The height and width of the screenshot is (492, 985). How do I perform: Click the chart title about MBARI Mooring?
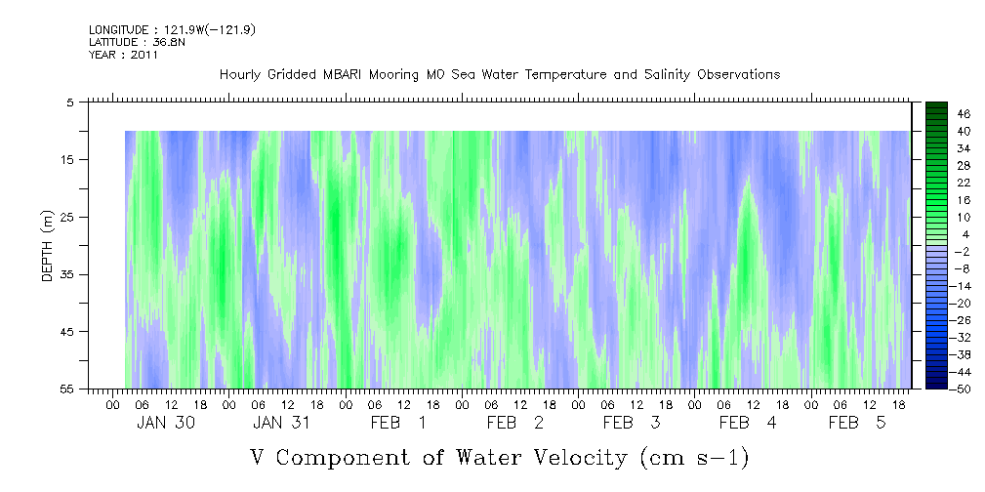(500, 74)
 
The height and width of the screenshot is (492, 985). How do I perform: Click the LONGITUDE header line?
(172, 29)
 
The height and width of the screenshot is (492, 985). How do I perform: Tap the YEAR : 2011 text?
(123, 55)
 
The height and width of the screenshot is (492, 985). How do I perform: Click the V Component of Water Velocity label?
(499, 457)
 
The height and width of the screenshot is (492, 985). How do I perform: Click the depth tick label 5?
(70, 102)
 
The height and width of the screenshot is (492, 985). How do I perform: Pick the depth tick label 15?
(67, 159)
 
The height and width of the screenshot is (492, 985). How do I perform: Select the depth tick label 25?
(67, 217)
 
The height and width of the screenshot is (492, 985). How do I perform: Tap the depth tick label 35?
(67, 274)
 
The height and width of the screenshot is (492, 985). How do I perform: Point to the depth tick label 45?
(67, 332)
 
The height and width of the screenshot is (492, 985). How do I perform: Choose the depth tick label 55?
(67, 389)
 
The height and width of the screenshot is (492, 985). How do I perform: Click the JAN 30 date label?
(164, 423)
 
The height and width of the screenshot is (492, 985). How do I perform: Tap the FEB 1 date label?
(397, 423)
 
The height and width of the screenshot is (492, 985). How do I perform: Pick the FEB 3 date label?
(632, 423)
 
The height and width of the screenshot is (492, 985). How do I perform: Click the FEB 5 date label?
(857, 423)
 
